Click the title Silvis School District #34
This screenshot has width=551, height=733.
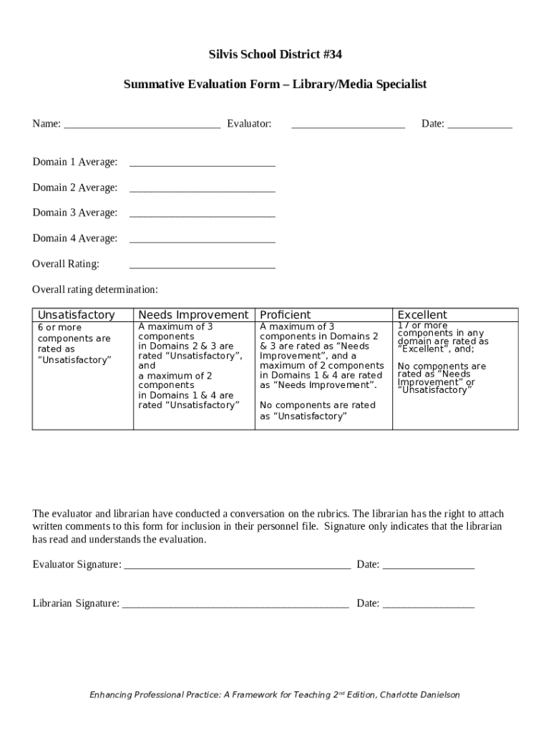pos(275,54)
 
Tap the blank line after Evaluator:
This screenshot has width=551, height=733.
pos(348,125)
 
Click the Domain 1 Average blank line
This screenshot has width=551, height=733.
pos(202,164)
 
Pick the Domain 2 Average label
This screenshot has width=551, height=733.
pos(74,188)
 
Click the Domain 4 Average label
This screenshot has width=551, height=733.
pos(74,238)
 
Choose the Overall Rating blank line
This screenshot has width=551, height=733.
pos(202,266)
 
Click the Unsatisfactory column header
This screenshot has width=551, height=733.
pos(76,315)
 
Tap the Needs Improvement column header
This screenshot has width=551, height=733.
pos(193,315)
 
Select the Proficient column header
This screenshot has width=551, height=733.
pos(285,315)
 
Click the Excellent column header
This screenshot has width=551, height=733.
pos(422,315)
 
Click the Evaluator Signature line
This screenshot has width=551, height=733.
pos(237,566)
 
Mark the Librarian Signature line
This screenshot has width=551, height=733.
pos(235,605)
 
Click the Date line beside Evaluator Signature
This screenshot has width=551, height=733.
pos(428,566)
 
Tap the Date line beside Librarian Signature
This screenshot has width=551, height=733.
pos(428,605)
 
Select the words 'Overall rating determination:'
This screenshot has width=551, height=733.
pos(95,290)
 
